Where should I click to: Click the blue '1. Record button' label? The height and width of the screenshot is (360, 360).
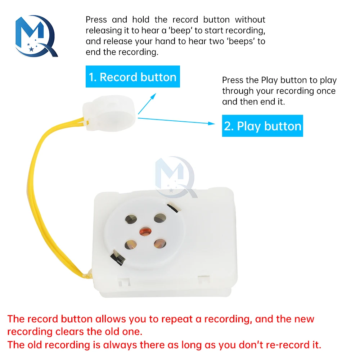point(132,77)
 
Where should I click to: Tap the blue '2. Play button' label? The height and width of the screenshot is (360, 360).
point(262,126)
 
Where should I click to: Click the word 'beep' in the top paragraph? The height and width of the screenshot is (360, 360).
point(181,30)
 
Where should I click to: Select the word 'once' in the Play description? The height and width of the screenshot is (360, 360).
point(326,91)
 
